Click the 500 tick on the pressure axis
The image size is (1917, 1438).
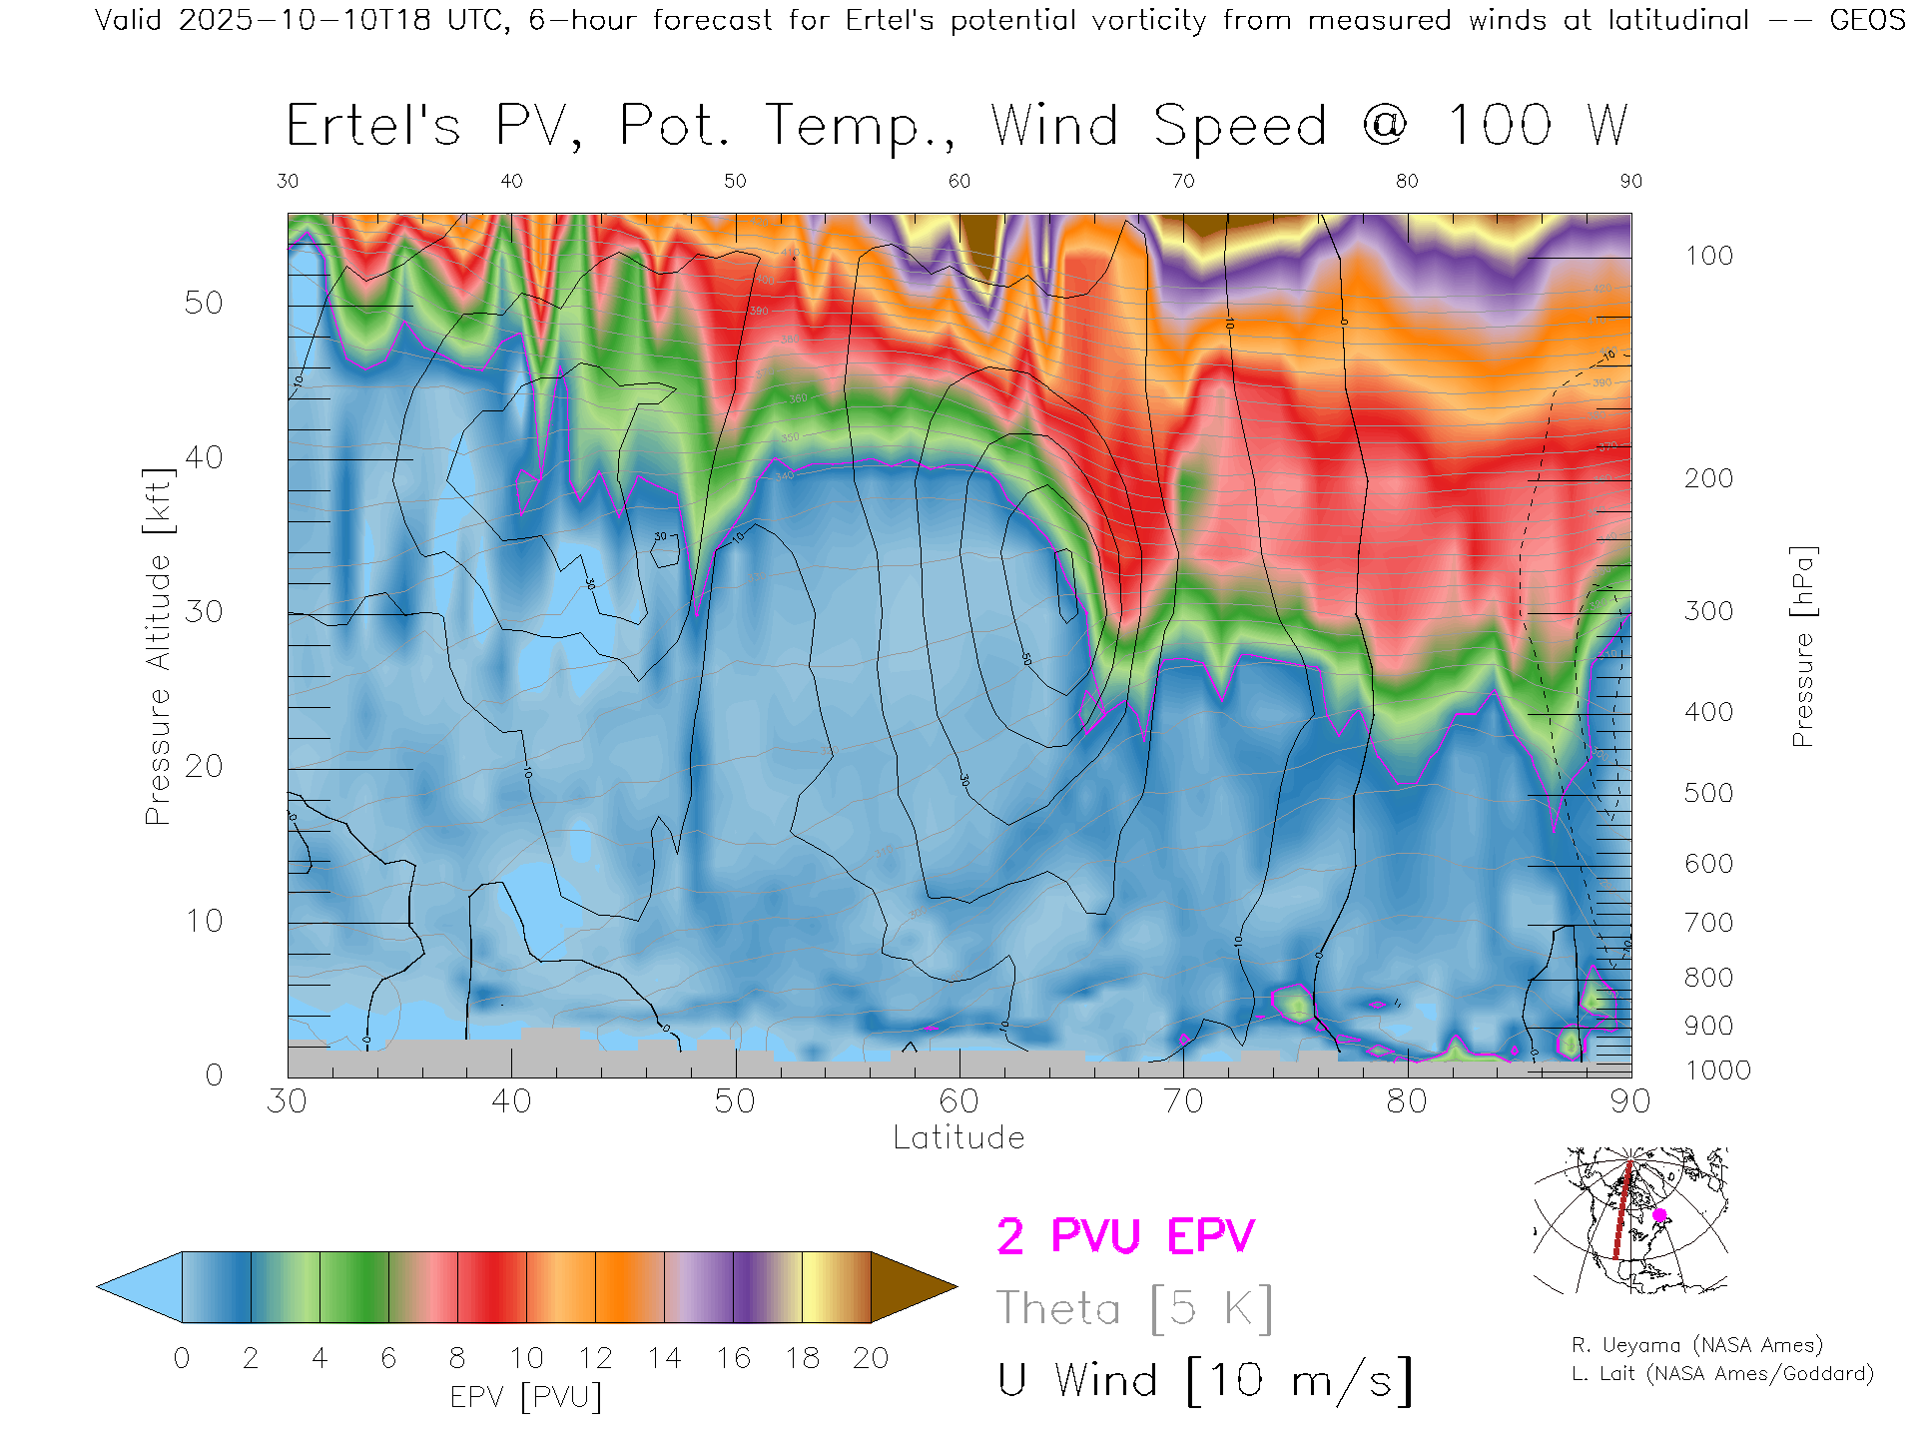point(1708,793)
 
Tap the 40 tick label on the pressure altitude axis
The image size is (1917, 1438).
point(204,457)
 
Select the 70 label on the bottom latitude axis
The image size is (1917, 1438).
point(1182,1101)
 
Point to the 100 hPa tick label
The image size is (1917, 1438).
point(1708,256)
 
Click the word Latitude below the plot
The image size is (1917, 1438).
point(958,1138)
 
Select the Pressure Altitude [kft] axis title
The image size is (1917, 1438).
point(158,646)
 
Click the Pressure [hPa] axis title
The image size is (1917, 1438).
point(1802,646)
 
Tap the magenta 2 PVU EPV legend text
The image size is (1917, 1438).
point(1125,1236)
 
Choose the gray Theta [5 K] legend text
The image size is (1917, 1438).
point(1134,1308)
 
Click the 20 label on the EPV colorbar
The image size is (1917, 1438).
point(871,1358)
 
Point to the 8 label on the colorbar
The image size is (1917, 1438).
point(457,1358)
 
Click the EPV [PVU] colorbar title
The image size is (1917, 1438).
point(526,1397)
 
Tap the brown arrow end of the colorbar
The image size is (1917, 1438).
point(911,1287)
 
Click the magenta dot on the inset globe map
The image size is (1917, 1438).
point(1659,1215)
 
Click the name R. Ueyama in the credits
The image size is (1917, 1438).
point(1617,1345)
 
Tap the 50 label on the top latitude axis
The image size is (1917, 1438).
point(735,181)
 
